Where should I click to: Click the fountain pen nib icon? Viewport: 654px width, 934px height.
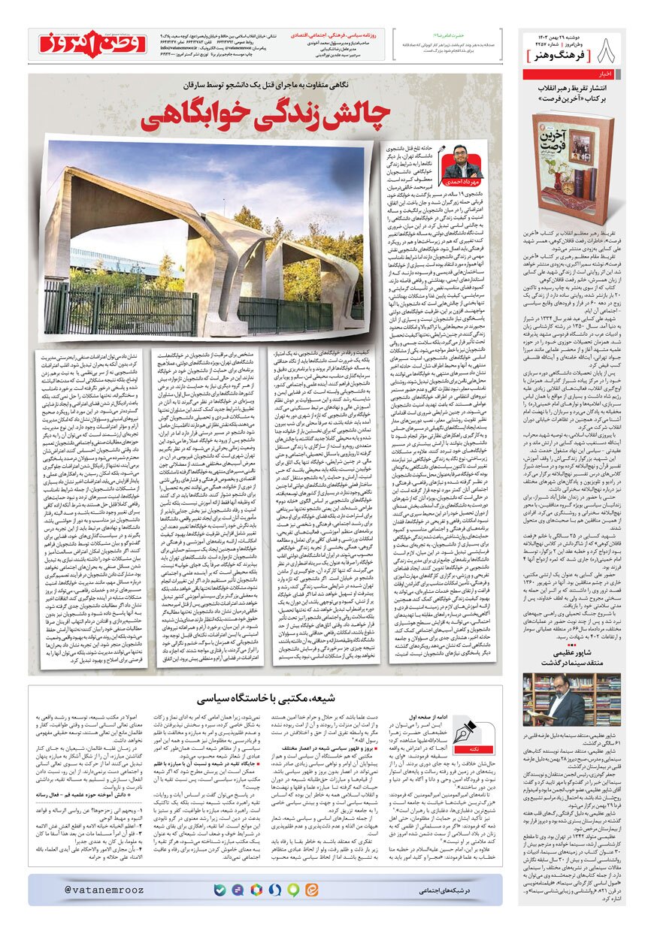[x=464, y=730]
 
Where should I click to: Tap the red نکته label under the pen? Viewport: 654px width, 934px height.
[x=464, y=752]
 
